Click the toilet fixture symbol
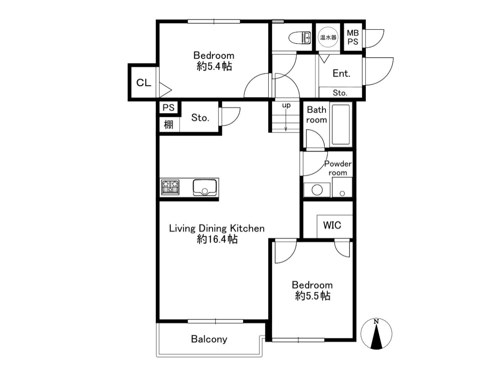[x=299, y=38]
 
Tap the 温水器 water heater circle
[x=328, y=37]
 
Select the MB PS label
[x=353, y=37]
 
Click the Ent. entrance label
[x=341, y=73]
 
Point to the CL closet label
[x=144, y=83]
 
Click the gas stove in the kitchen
[x=170, y=187]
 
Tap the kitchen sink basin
[x=205, y=188]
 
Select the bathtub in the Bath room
[x=340, y=125]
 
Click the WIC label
[x=332, y=225]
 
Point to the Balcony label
[x=209, y=339]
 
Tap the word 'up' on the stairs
[x=286, y=105]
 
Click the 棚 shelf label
[x=169, y=125]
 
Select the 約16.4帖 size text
[x=217, y=239]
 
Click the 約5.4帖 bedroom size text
[x=214, y=67]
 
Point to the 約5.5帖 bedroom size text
[x=313, y=296]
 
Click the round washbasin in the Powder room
[x=317, y=190]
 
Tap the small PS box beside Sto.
[x=169, y=107]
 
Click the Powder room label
[x=338, y=168]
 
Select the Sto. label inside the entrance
[x=340, y=93]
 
